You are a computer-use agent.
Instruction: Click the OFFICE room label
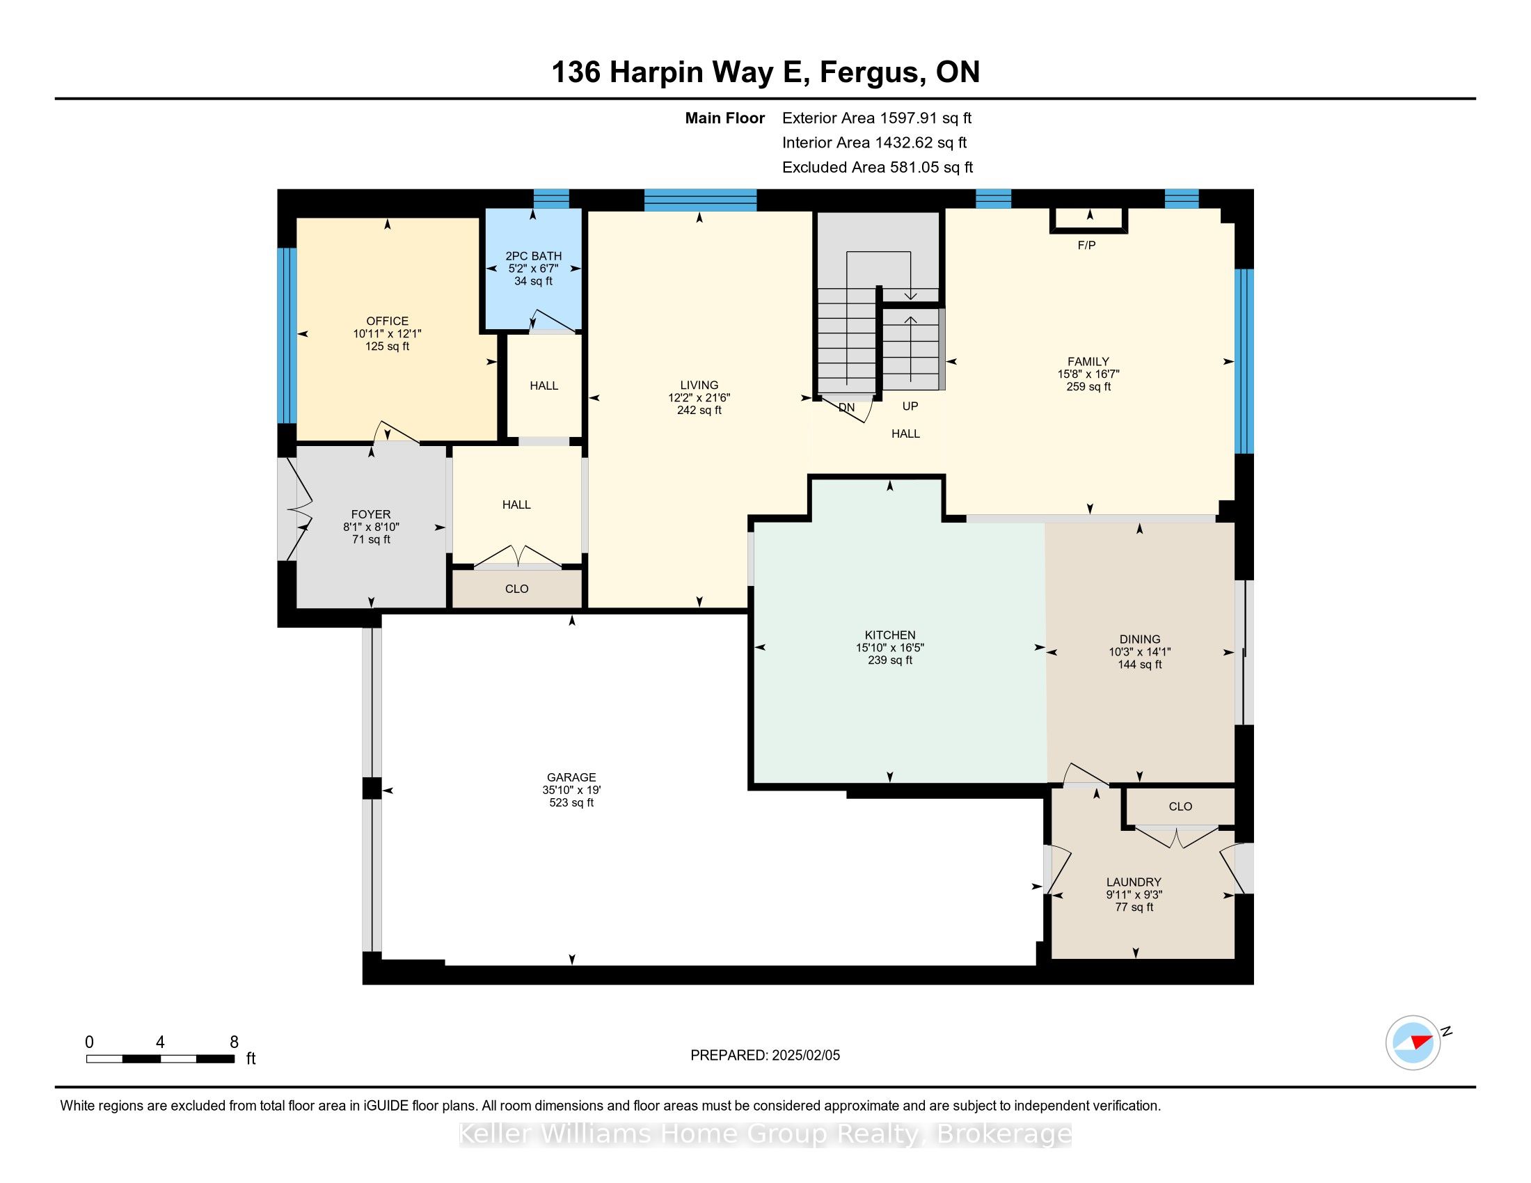click(x=387, y=321)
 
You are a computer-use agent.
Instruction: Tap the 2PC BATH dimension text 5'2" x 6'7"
click(x=533, y=269)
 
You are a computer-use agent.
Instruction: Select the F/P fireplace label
click(x=1086, y=245)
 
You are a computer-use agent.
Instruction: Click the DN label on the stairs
click(x=846, y=407)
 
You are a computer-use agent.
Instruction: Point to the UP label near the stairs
click(x=910, y=406)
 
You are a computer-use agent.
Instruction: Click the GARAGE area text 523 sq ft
click(x=571, y=802)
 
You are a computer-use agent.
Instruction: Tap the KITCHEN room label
click(x=889, y=635)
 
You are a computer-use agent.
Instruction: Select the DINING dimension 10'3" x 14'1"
click(x=1139, y=652)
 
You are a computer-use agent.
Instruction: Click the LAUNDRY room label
click(x=1134, y=882)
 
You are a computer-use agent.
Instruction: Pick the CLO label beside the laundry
click(x=1180, y=807)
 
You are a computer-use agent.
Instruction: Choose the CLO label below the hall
click(x=516, y=589)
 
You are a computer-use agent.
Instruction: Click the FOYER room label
click(x=371, y=514)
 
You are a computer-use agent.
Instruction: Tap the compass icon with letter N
click(x=1413, y=1043)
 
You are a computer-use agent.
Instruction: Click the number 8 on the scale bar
click(x=234, y=1042)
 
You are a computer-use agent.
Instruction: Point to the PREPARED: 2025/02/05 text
click(x=765, y=1056)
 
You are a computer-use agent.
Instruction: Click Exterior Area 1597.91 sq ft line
click(x=876, y=118)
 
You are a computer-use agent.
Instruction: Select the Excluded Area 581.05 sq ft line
click(x=877, y=168)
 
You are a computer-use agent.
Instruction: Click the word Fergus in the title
click(x=869, y=72)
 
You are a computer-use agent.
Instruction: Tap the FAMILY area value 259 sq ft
click(x=1088, y=386)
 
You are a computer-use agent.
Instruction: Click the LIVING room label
click(x=699, y=385)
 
